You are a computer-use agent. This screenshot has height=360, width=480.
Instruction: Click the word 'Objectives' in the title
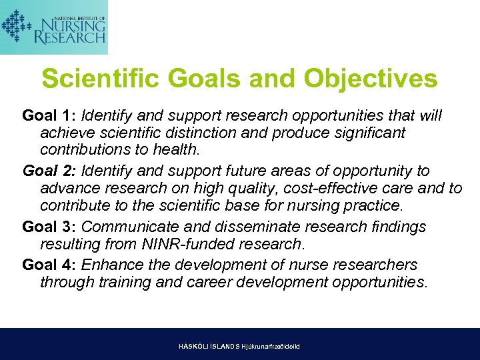(x=371, y=79)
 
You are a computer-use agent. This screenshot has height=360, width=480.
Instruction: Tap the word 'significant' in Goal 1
(x=367, y=133)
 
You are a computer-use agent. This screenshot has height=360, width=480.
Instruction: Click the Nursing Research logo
(x=54, y=27)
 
